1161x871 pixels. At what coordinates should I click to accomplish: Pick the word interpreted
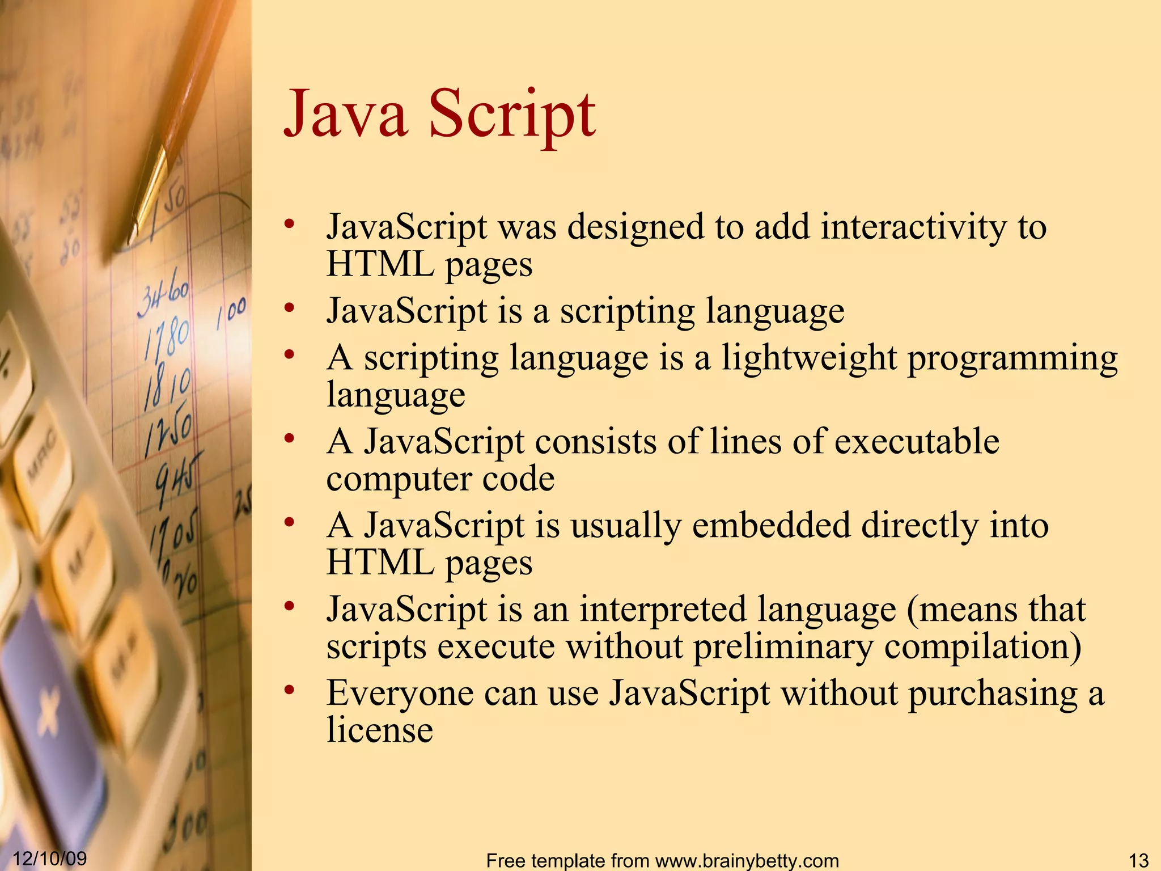coord(663,610)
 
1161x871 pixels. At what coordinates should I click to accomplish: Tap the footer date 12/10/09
coord(49,858)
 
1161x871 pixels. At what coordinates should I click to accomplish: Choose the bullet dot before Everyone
coord(290,690)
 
